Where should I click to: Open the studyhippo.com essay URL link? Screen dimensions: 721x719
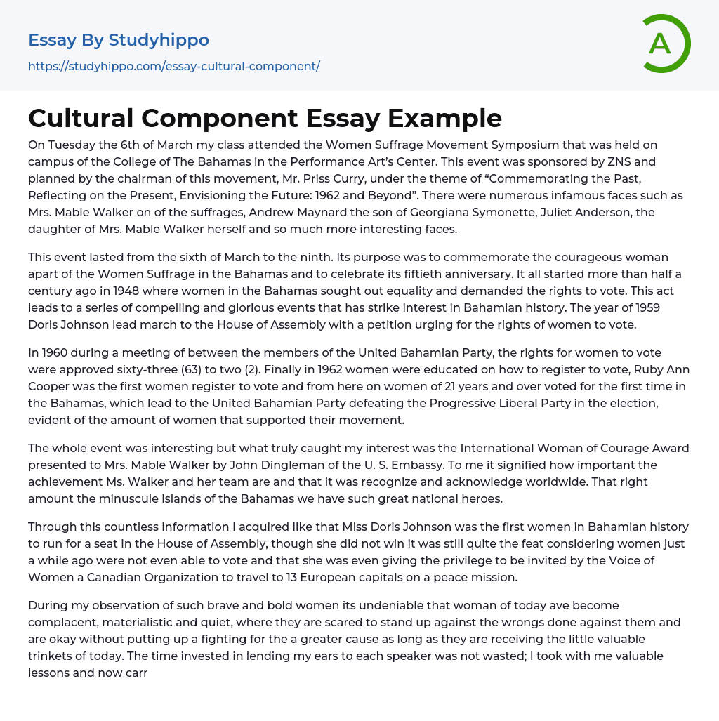tap(173, 67)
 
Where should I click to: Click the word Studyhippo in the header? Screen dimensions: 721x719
tap(159, 40)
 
